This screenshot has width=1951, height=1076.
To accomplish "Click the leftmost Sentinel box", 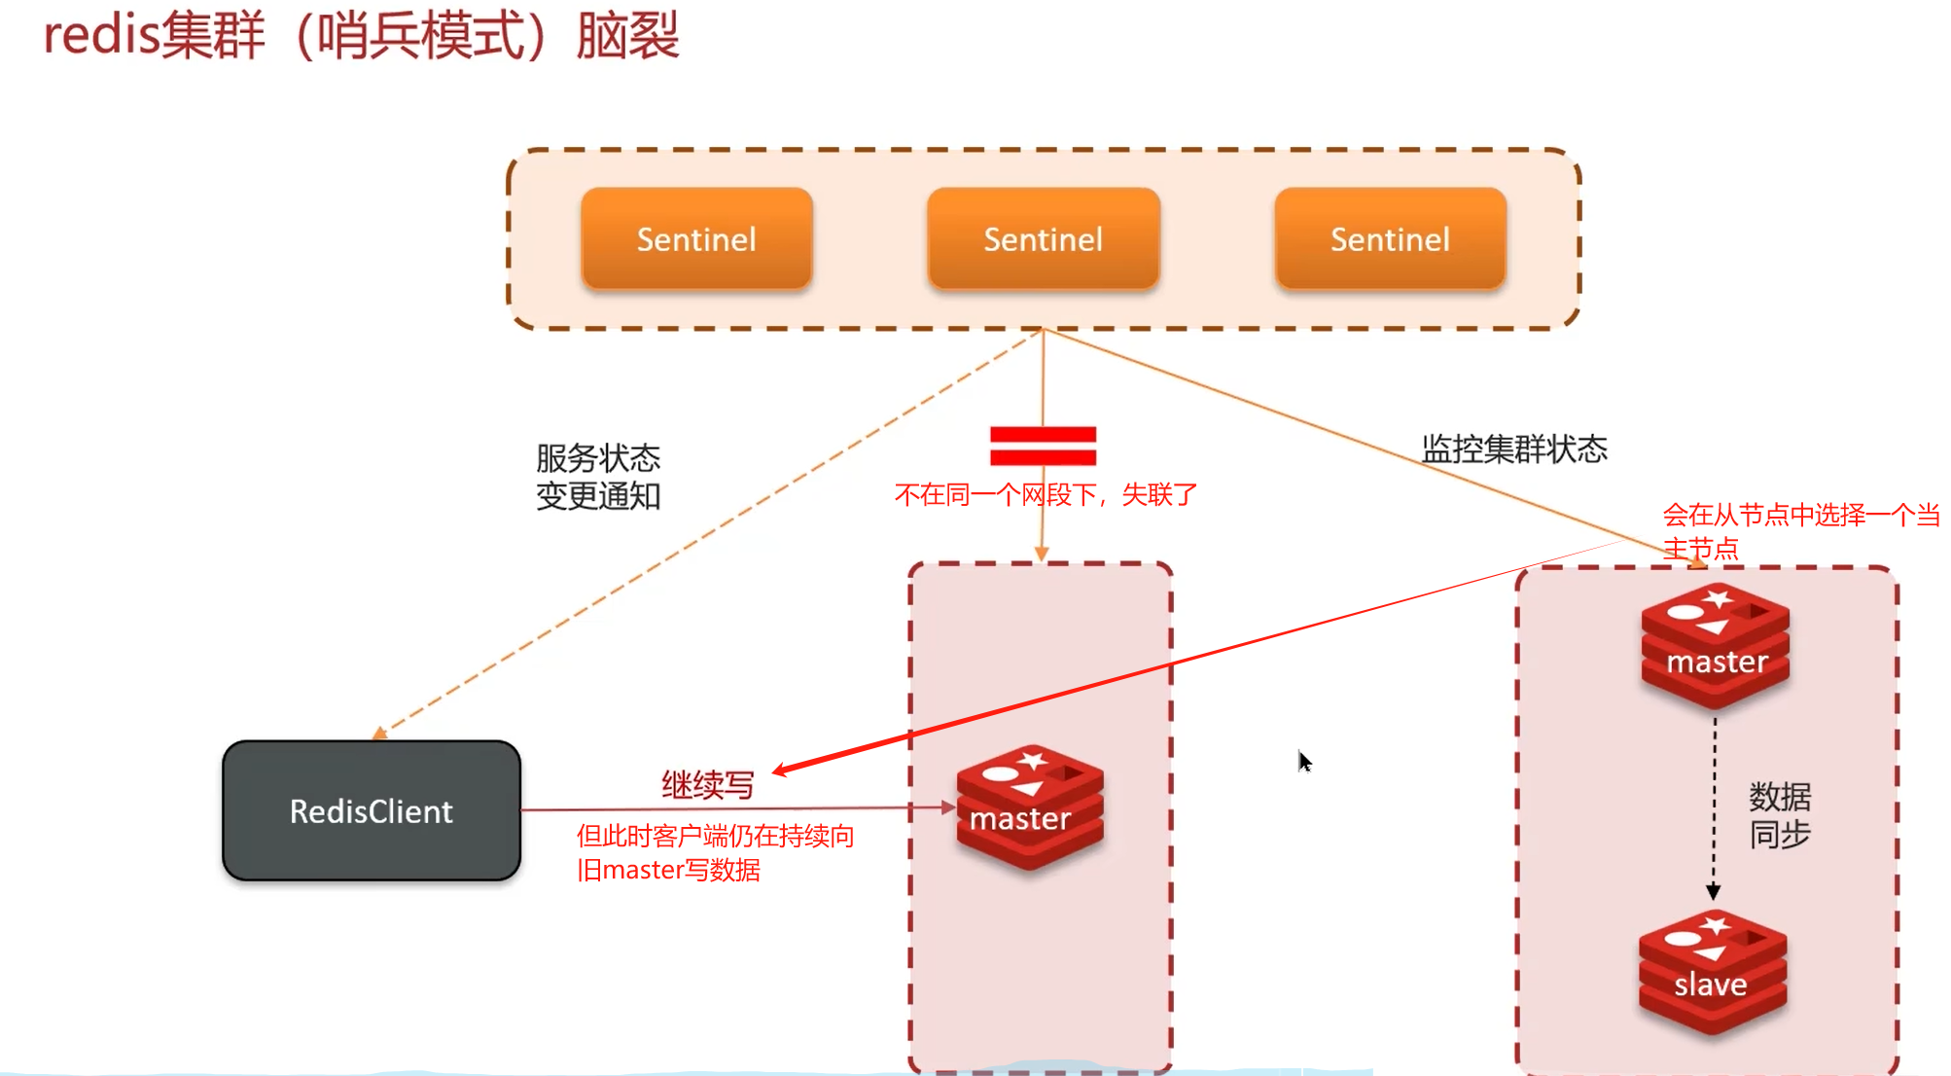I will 696,239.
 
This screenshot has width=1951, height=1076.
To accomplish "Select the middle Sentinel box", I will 1043,239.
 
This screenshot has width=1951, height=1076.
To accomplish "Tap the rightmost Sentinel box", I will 1390,239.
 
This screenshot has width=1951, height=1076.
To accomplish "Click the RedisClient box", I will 371,810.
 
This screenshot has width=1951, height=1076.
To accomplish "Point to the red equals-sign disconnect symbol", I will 1043,446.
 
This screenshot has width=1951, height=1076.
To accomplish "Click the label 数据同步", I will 1779,815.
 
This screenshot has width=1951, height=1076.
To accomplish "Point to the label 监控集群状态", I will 1513,448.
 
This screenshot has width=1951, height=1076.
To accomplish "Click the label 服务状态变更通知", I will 597,477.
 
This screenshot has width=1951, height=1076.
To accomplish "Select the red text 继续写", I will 707,784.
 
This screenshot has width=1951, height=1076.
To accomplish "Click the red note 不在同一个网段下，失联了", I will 1045,495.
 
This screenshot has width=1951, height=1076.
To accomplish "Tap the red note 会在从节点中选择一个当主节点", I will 1799,530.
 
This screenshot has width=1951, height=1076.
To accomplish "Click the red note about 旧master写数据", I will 714,852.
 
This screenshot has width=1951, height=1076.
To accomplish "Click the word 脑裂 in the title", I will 627,36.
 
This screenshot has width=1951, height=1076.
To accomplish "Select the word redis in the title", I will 101,36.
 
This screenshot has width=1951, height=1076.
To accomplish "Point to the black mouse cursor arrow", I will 1304,761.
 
